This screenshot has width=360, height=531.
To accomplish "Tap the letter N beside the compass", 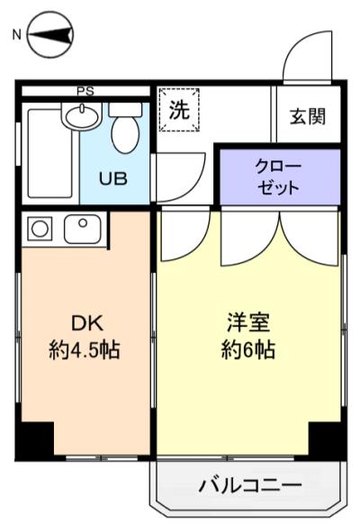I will click(x=15, y=35).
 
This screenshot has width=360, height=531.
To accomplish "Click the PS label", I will click(x=85, y=91).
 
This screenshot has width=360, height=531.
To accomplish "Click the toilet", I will click(x=126, y=131).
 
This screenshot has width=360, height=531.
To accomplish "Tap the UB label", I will click(x=113, y=178).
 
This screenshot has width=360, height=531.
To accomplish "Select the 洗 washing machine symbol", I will click(x=179, y=112).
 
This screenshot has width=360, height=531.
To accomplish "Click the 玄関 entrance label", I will click(x=307, y=117).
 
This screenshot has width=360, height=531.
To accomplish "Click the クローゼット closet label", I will click(x=278, y=178).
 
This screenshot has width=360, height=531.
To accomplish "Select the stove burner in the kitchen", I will click(x=39, y=229).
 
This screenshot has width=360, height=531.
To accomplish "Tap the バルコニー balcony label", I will click(x=249, y=487).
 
